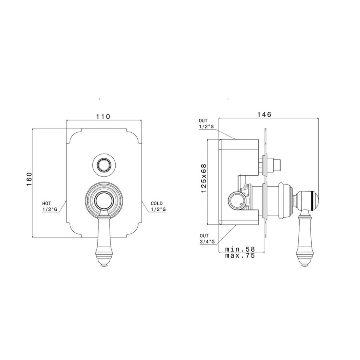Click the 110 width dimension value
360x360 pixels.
[103, 116]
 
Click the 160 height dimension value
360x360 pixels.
[29, 179]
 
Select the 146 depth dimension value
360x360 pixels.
[264, 114]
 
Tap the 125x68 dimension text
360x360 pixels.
[204, 178]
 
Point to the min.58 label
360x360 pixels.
[240, 249]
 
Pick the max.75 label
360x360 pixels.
[240, 256]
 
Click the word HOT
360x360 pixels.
[47, 204]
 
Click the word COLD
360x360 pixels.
[156, 204]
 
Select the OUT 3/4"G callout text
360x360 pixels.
[207, 238]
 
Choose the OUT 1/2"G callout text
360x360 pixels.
[206, 124]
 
